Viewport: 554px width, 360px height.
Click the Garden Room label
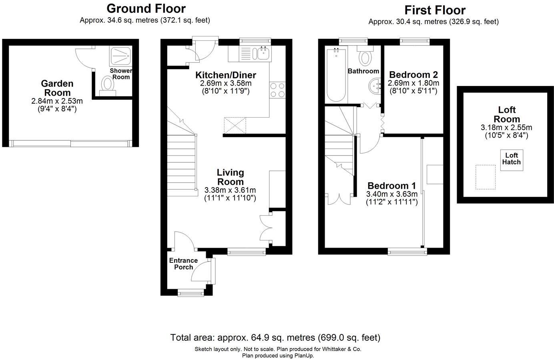click(x=57, y=88)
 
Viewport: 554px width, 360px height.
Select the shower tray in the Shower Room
click(x=121, y=56)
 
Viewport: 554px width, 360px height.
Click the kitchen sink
click(x=263, y=53)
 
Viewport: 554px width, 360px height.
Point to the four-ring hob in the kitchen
click(x=277, y=90)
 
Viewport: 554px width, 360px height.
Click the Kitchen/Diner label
click(x=226, y=75)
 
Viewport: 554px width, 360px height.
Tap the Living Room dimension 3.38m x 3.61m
click(x=230, y=190)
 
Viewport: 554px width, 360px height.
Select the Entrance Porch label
click(x=183, y=264)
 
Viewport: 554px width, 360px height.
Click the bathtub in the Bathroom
click(x=336, y=75)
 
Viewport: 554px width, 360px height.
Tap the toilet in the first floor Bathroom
click(x=365, y=58)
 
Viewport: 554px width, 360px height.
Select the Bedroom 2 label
click(x=413, y=74)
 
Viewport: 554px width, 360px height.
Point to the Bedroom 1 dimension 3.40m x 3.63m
click(x=392, y=194)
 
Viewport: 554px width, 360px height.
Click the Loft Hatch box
click(x=512, y=159)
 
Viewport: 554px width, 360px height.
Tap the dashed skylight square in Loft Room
click(x=486, y=177)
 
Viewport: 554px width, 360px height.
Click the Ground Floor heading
click(x=146, y=8)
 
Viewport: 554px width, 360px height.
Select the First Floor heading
click(x=435, y=10)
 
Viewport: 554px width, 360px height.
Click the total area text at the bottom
click(x=275, y=337)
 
